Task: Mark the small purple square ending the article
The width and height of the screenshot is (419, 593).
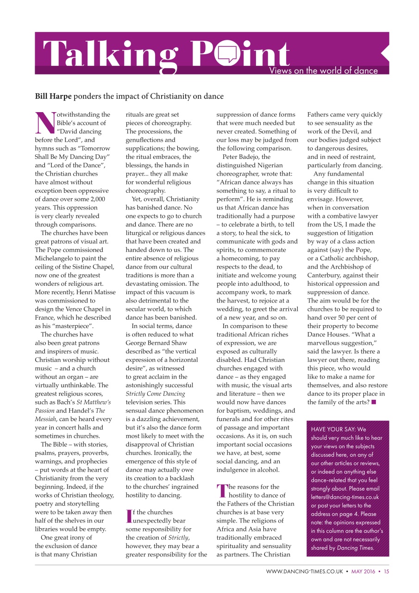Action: click(x=374, y=402)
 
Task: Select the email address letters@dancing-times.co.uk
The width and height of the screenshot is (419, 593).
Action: click(x=345, y=497)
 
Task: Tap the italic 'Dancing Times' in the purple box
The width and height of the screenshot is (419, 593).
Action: click(x=357, y=548)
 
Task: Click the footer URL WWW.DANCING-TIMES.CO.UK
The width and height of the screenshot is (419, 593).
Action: click(x=304, y=571)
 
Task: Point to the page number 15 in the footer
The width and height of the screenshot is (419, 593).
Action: click(x=386, y=571)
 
